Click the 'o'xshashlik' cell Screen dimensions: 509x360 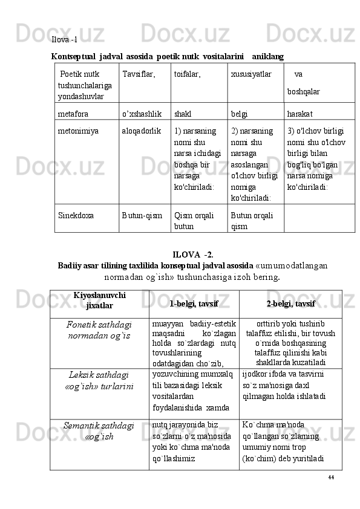(142, 113)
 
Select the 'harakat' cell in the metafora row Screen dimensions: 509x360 (301, 113)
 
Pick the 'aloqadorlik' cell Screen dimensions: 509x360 (142, 130)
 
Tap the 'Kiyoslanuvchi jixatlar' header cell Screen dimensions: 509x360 (99, 301)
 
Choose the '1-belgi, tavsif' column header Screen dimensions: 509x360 (194, 302)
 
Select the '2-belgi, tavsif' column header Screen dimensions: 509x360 (290, 302)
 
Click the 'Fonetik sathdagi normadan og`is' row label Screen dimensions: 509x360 (99, 329)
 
